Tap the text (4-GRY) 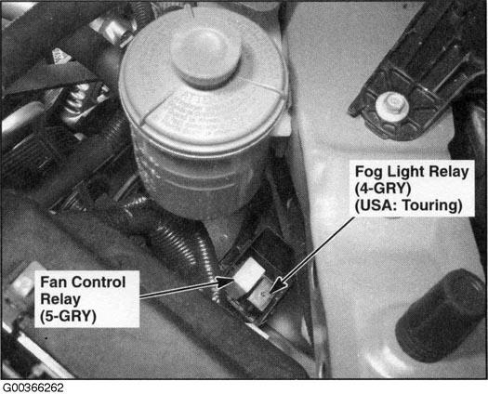point(383,189)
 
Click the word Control point(100,282)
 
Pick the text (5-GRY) point(68,316)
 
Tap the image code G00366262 point(33,387)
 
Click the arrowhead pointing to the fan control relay point(225,282)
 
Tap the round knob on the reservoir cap point(205,58)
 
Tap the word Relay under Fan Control point(60,299)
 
